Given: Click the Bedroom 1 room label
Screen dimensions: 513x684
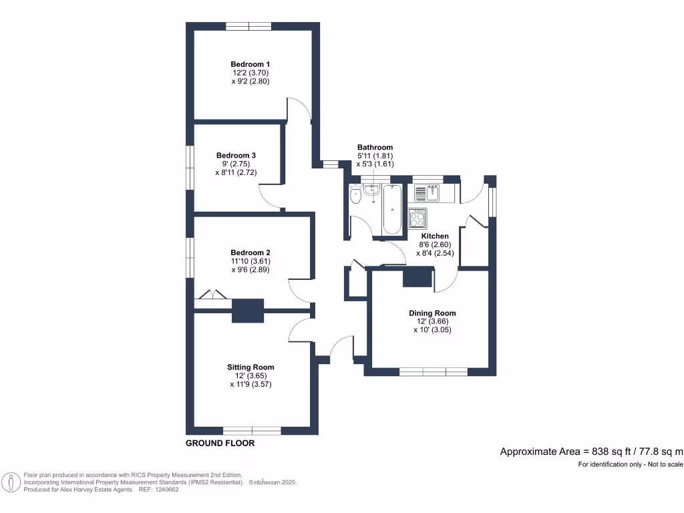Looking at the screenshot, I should (x=250, y=63).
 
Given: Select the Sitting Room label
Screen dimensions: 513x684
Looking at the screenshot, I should (x=250, y=367).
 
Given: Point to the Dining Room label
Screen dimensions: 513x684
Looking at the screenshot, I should (x=432, y=313).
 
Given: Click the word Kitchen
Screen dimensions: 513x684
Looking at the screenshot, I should (x=434, y=236).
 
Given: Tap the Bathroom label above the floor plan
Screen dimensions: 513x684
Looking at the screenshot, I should (x=375, y=147).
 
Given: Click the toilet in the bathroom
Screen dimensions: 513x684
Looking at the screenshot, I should (x=355, y=196).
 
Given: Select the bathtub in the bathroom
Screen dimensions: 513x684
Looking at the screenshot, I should (x=391, y=210).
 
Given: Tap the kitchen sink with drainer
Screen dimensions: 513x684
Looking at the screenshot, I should (x=425, y=192).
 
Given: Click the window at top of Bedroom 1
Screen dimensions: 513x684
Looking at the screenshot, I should (x=248, y=26).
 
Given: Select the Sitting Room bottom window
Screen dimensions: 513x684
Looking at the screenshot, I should (x=252, y=430).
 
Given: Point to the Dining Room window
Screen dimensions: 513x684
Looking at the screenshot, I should (x=433, y=371).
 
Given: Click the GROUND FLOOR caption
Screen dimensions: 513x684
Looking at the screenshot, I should (x=220, y=444).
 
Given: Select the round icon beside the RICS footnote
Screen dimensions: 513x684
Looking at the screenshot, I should (x=11, y=482).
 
